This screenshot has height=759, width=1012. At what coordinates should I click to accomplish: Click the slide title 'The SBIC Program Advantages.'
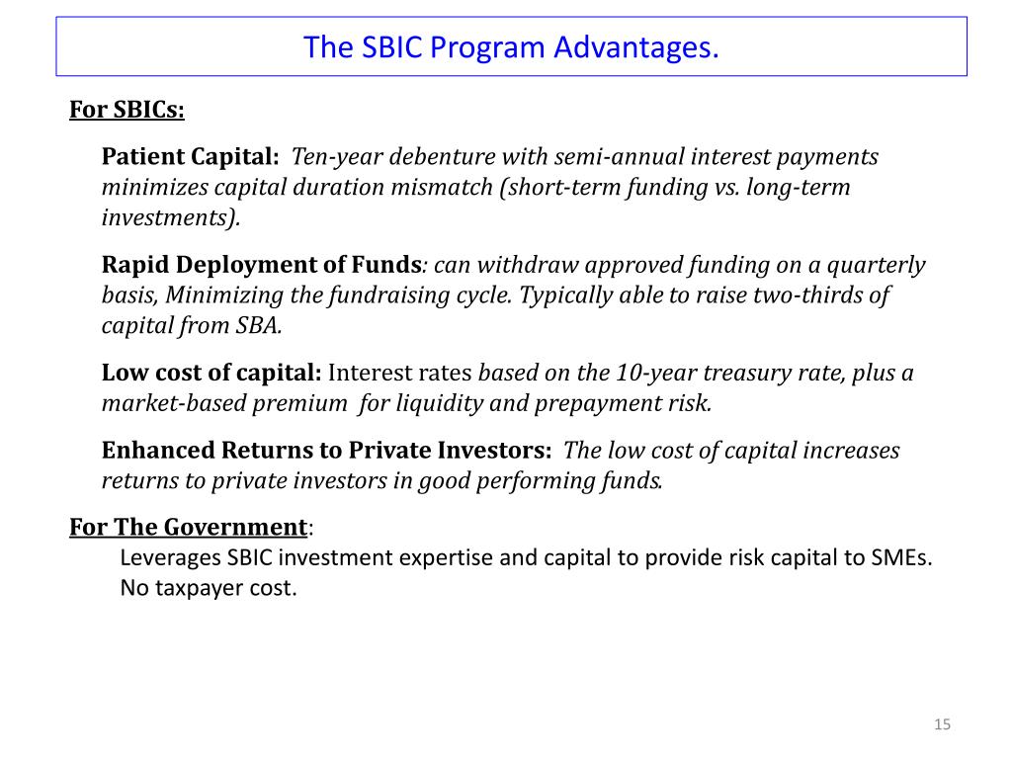(511, 46)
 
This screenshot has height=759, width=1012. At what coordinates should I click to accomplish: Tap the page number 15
(942, 725)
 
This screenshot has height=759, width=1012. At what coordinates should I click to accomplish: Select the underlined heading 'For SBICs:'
(126, 109)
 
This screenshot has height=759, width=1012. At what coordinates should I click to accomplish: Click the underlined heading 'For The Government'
(188, 527)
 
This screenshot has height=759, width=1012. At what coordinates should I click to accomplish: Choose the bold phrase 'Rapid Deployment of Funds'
(262, 265)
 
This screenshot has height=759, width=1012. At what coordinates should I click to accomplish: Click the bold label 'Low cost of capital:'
(211, 374)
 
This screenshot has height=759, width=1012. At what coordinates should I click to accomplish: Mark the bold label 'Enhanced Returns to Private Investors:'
(326, 451)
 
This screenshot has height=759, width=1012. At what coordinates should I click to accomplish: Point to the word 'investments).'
(171, 218)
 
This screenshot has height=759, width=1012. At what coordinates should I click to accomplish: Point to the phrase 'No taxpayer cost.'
(209, 588)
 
